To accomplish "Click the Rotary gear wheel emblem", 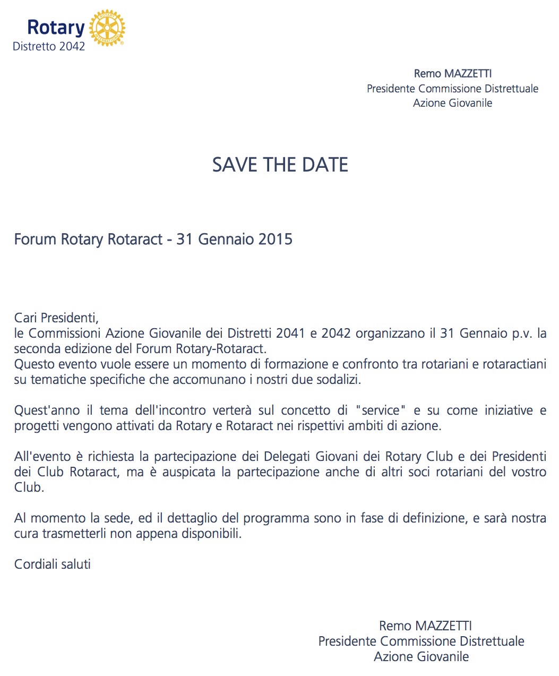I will tap(107, 28).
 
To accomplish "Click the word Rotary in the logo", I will tap(56, 28).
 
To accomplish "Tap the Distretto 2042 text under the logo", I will tap(49, 47).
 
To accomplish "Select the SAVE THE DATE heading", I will tap(280, 165).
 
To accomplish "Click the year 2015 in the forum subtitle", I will tap(275, 239).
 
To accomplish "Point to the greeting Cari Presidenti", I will tap(56, 318).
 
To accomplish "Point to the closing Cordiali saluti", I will tap(52, 564).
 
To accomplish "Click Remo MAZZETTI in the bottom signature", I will tap(425, 626).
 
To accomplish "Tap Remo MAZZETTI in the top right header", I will tap(452, 74).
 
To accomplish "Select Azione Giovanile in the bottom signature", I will tap(421, 657).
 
